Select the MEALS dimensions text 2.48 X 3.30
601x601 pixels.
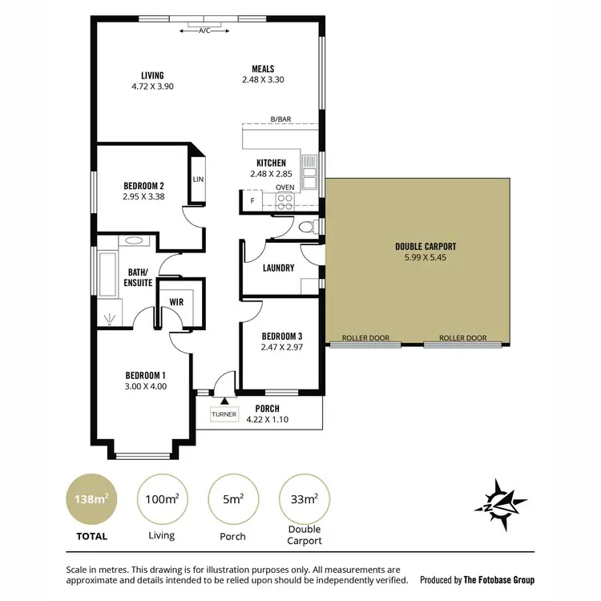(x=263, y=80)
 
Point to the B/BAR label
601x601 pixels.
(x=280, y=119)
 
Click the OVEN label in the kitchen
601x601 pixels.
(x=284, y=188)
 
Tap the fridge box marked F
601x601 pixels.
(x=252, y=200)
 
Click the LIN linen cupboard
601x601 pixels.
(x=198, y=179)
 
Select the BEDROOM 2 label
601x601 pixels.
(x=143, y=185)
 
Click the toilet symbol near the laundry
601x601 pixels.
(x=305, y=229)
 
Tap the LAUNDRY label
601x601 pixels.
(x=278, y=268)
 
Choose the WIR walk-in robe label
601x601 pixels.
(x=176, y=302)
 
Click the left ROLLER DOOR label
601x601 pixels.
(x=365, y=338)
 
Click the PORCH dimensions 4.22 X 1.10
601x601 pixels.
(x=267, y=419)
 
